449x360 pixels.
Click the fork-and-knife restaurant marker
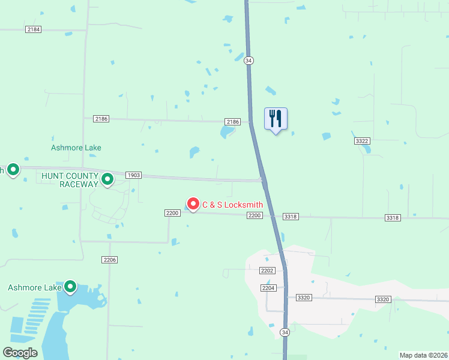click(x=276, y=118)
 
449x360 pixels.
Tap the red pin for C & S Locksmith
click(x=193, y=204)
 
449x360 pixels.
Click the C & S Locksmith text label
click(x=232, y=205)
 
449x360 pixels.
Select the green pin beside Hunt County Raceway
click(x=107, y=179)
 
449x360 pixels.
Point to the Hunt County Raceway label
click(x=69, y=179)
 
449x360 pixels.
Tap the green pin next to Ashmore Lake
click(x=70, y=287)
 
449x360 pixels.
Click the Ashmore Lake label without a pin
click(x=76, y=148)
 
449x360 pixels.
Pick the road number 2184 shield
click(x=34, y=29)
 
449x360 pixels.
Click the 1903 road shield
click(x=133, y=175)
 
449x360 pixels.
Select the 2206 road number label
click(x=109, y=260)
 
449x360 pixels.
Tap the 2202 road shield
click(x=267, y=271)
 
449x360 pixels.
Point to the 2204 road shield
click(x=268, y=288)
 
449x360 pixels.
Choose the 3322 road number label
click(x=361, y=140)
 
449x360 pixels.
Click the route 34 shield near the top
click(x=249, y=60)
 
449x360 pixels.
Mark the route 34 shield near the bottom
click(x=285, y=332)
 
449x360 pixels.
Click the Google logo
click(x=20, y=353)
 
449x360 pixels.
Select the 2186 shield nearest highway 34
click(x=232, y=122)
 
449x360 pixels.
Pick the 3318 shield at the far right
click(x=393, y=218)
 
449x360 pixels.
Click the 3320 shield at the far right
click(x=382, y=299)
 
